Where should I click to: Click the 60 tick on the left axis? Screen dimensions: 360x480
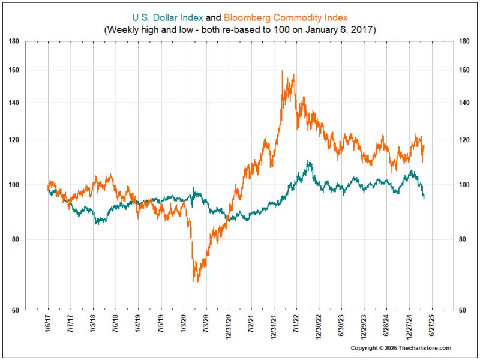(22, 310)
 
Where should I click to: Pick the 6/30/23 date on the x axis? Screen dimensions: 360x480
(341, 325)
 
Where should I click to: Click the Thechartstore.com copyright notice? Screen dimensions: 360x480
(401, 348)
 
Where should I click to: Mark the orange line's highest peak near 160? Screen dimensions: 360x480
(282, 71)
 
